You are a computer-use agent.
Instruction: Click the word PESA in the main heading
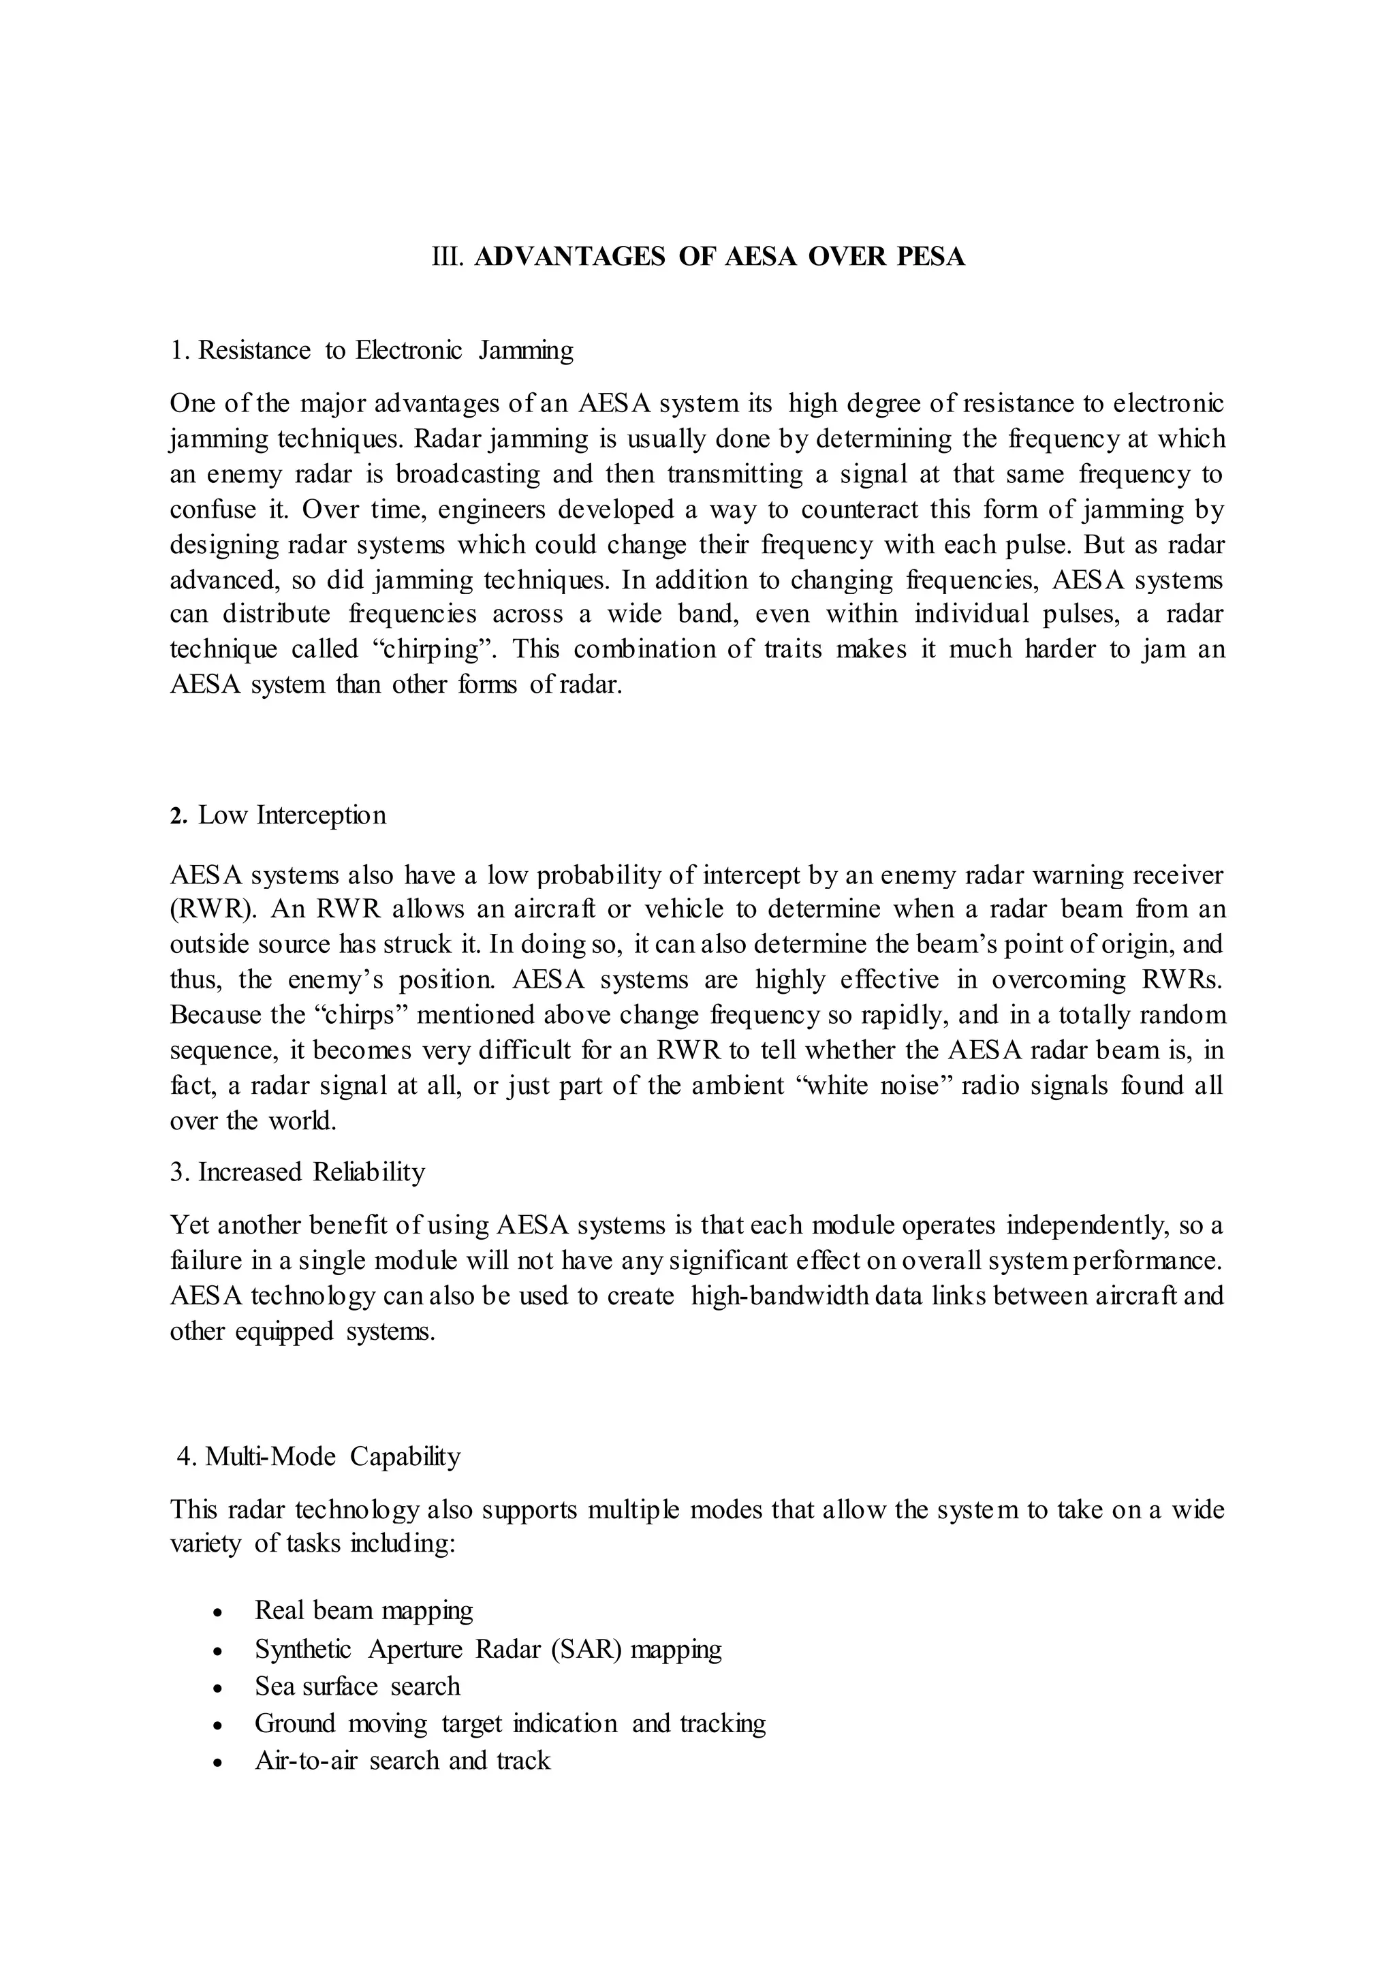[931, 257]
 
